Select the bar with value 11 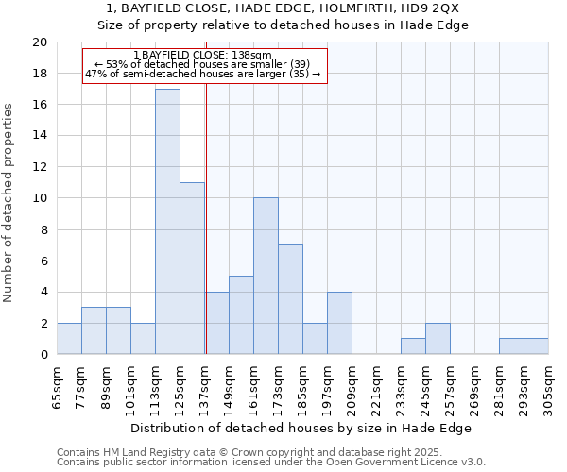pyautogui.click(x=192, y=268)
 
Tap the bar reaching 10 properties pyautogui.click(x=266, y=276)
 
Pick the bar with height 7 pyautogui.click(x=290, y=299)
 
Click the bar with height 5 pyautogui.click(x=241, y=315)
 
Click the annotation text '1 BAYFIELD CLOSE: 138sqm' pyautogui.click(x=203, y=55)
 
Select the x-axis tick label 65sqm pyautogui.click(x=57, y=384)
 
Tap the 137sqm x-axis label pyautogui.click(x=204, y=384)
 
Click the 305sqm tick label pyautogui.click(x=548, y=384)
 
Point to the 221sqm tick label pyautogui.click(x=376, y=384)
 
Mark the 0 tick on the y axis pyautogui.click(x=43, y=355)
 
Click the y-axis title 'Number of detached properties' pyautogui.click(x=9, y=203)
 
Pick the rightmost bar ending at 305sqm pyautogui.click(x=536, y=346)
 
